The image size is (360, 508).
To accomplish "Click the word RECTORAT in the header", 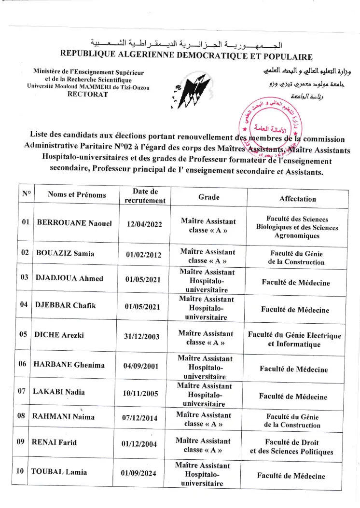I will pyautogui.click(x=88, y=95).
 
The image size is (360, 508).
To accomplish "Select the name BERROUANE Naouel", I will pyautogui.click(x=74, y=223).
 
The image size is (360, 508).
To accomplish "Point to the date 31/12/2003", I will pyautogui.click(x=142, y=337).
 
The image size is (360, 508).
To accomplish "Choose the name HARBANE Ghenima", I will pyautogui.click(x=69, y=365).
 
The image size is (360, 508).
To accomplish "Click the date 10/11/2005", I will pyautogui.click(x=140, y=393).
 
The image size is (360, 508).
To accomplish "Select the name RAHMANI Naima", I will pyautogui.click(x=63, y=416).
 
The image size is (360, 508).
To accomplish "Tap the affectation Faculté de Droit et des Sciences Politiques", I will pyautogui.click(x=291, y=447).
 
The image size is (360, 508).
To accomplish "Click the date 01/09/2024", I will pyautogui.click(x=138, y=473).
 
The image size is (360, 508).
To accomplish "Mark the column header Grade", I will pyautogui.click(x=208, y=197).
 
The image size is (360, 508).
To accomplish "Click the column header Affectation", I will pyautogui.click(x=298, y=199).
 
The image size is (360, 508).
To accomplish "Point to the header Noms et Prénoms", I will pyautogui.click(x=77, y=195).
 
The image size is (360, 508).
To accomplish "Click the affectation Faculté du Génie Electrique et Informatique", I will pyautogui.click(x=294, y=340).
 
